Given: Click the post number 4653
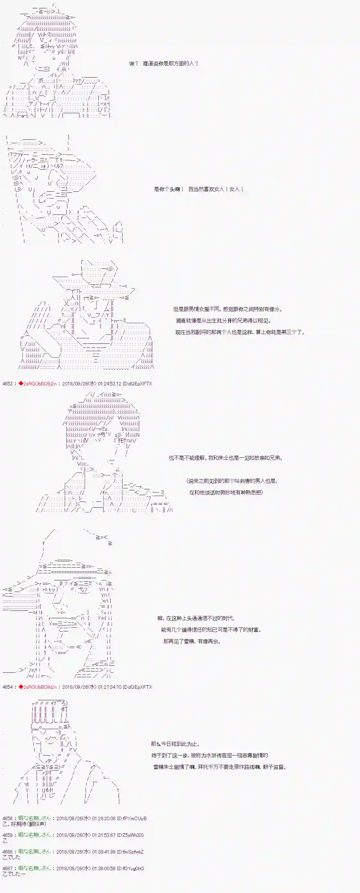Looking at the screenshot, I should [7, 384].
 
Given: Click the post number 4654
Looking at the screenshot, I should [7, 687].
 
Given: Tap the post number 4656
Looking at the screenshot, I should [7, 818].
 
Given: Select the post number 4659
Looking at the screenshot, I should [7, 835].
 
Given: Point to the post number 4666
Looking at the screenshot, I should [7, 851].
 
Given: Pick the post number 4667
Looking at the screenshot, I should [7, 868].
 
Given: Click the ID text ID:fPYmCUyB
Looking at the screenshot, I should [132, 818].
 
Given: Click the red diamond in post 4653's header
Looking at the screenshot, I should [21, 383].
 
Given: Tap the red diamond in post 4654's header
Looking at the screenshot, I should [21, 687].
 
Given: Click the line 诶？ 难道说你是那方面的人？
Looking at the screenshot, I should [163, 63].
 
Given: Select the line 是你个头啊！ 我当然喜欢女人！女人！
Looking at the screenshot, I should [198, 189].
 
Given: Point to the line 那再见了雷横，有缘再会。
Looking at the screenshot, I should [192, 641].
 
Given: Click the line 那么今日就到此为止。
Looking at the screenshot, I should [175, 744].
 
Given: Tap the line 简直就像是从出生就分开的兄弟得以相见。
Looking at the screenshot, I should [223, 321].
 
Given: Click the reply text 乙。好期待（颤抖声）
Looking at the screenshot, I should [24, 824].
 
